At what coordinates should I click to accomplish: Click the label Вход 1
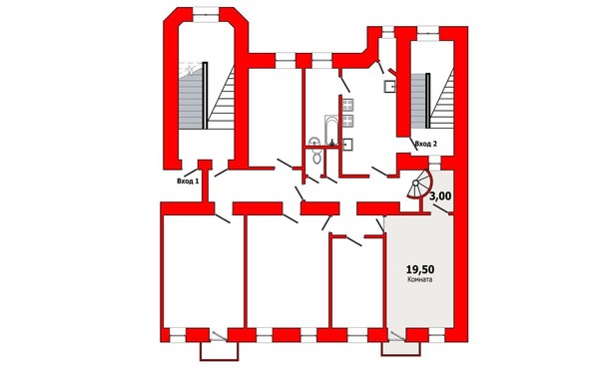click(x=188, y=182)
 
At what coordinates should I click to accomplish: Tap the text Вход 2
click(x=425, y=144)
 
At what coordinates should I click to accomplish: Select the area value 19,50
click(x=420, y=269)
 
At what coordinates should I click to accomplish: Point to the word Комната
click(x=420, y=279)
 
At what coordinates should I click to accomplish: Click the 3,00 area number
click(x=440, y=196)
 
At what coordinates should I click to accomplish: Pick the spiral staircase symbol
click(x=419, y=185)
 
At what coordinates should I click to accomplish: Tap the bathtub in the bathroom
click(x=331, y=130)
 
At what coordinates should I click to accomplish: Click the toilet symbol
click(x=316, y=156)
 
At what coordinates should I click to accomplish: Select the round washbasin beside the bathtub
click(x=314, y=142)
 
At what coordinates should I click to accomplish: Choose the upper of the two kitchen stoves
click(x=347, y=104)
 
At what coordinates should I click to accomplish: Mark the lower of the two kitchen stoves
click(x=347, y=121)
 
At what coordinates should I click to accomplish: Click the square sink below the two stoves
click(x=347, y=145)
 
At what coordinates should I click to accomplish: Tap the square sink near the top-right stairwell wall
click(x=390, y=87)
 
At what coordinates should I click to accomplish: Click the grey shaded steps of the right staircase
click(x=418, y=101)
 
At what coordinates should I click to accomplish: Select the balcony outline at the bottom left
click(x=220, y=351)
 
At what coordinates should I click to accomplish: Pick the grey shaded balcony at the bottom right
click(x=403, y=348)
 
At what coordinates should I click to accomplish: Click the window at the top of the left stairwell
click(x=206, y=15)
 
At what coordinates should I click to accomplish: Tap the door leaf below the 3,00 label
click(x=441, y=209)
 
